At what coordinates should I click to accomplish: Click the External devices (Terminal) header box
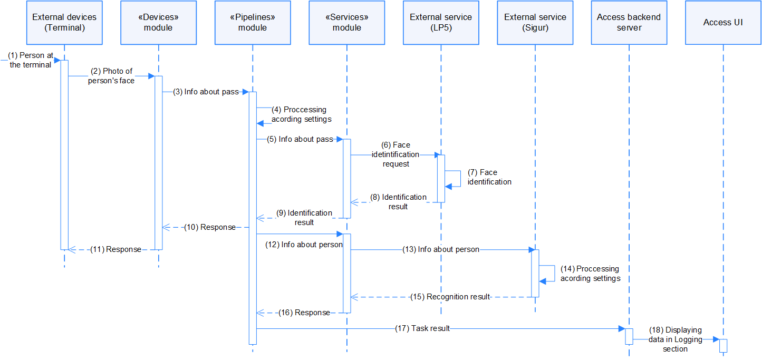click(x=64, y=23)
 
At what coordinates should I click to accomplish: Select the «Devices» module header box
click(x=158, y=23)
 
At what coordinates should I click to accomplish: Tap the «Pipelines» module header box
click(x=253, y=23)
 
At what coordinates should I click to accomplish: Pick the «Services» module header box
click(x=346, y=23)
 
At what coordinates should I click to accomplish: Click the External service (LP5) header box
click(x=441, y=23)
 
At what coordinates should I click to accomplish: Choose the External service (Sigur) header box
click(x=535, y=23)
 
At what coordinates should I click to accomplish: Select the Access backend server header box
click(x=629, y=23)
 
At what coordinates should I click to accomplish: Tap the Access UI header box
click(x=723, y=23)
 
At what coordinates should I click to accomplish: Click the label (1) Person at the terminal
click(x=31, y=60)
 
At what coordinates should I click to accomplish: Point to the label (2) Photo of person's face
click(x=111, y=76)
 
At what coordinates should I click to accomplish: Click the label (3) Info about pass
click(x=206, y=92)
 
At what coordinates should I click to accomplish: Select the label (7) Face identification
click(x=489, y=177)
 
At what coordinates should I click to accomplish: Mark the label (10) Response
click(x=210, y=227)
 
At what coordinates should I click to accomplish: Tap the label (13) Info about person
click(x=441, y=249)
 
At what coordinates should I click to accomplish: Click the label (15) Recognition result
click(x=450, y=297)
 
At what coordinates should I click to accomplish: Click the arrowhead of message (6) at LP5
click(x=437, y=155)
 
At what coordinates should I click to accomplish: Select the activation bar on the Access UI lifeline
click(x=723, y=345)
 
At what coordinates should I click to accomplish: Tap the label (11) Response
click(x=115, y=249)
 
